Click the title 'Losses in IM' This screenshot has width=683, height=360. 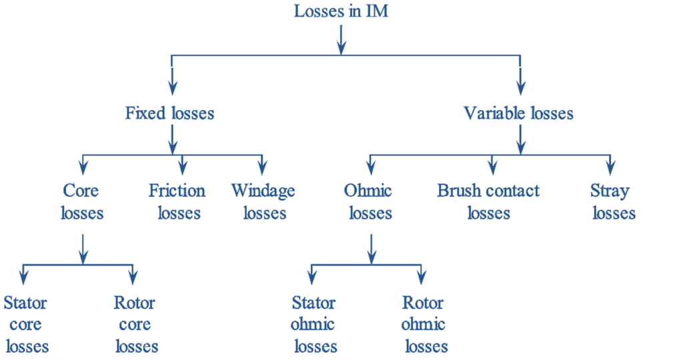pos(340,11)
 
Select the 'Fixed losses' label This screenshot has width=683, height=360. pos(170,113)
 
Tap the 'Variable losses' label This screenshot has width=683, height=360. pos(518,113)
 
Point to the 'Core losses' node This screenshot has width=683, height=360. pos(81,202)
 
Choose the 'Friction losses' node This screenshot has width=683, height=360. pos(177,202)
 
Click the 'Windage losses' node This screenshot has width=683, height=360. pos(263,202)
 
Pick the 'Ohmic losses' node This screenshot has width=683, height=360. pos(369,202)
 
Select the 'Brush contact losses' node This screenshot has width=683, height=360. pos(488,202)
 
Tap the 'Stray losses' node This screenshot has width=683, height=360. pos(612,202)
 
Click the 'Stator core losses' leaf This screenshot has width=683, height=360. pos(26,325)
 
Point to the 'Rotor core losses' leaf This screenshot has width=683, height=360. pos(135,325)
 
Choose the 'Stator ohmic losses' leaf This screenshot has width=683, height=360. pos(313,325)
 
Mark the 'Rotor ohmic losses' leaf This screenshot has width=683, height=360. pos(424,325)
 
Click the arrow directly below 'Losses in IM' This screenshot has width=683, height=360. pos(341,39)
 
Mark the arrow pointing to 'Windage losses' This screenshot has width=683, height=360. pos(263,164)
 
